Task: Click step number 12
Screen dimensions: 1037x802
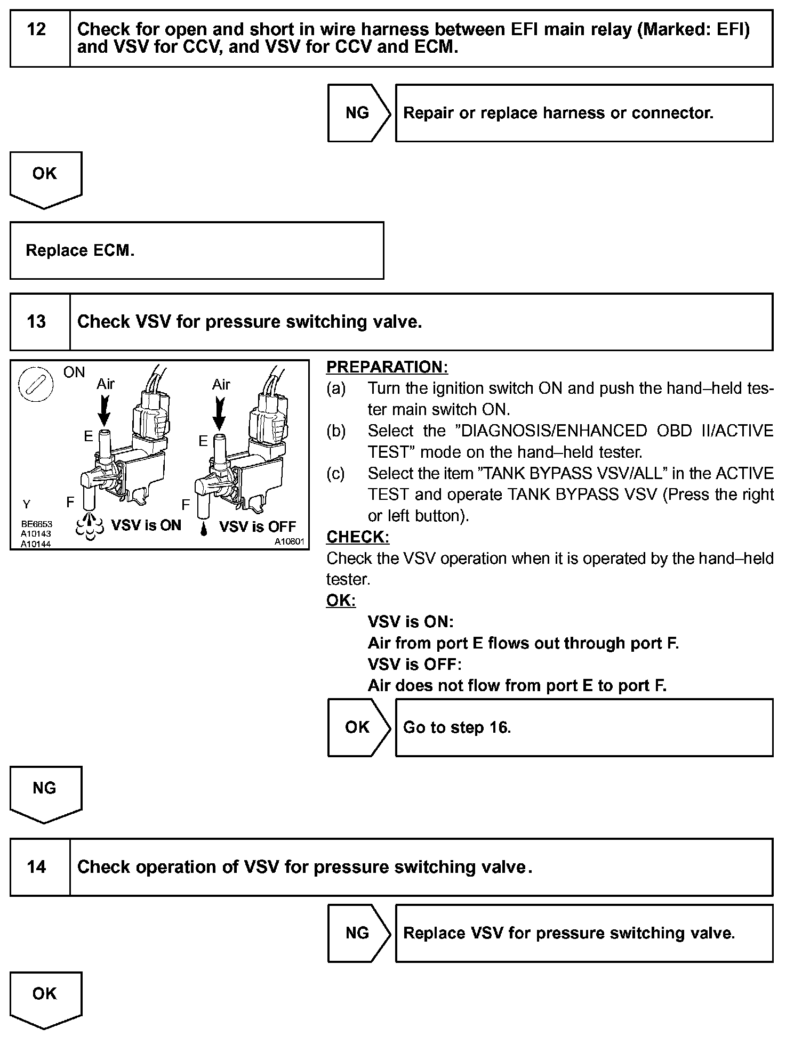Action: [36, 29]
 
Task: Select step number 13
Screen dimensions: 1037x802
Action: [36, 322]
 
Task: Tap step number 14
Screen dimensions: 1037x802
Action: [36, 867]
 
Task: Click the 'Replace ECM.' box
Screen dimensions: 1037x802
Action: [196, 250]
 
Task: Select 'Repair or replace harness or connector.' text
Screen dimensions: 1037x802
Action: [558, 113]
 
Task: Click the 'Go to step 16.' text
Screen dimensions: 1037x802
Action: [457, 727]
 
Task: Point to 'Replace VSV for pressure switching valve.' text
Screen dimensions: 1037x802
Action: [569, 933]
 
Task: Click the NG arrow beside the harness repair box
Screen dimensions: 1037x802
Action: [358, 113]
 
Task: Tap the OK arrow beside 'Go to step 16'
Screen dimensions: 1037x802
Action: [358, 727]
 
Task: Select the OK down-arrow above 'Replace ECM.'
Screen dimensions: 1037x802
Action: [45, 177]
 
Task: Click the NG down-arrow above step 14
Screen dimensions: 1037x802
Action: [45, 792]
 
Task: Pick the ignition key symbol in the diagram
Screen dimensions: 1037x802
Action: [35, 385]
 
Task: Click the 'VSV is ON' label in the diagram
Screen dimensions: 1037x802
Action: [146, 525]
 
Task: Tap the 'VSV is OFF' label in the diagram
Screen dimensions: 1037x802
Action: [257, 526]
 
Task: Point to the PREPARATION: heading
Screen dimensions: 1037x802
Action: [387, 367]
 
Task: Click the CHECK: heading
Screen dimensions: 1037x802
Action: [358, 537]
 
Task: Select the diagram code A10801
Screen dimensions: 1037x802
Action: [289, 542]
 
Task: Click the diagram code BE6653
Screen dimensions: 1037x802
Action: [37, 524]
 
